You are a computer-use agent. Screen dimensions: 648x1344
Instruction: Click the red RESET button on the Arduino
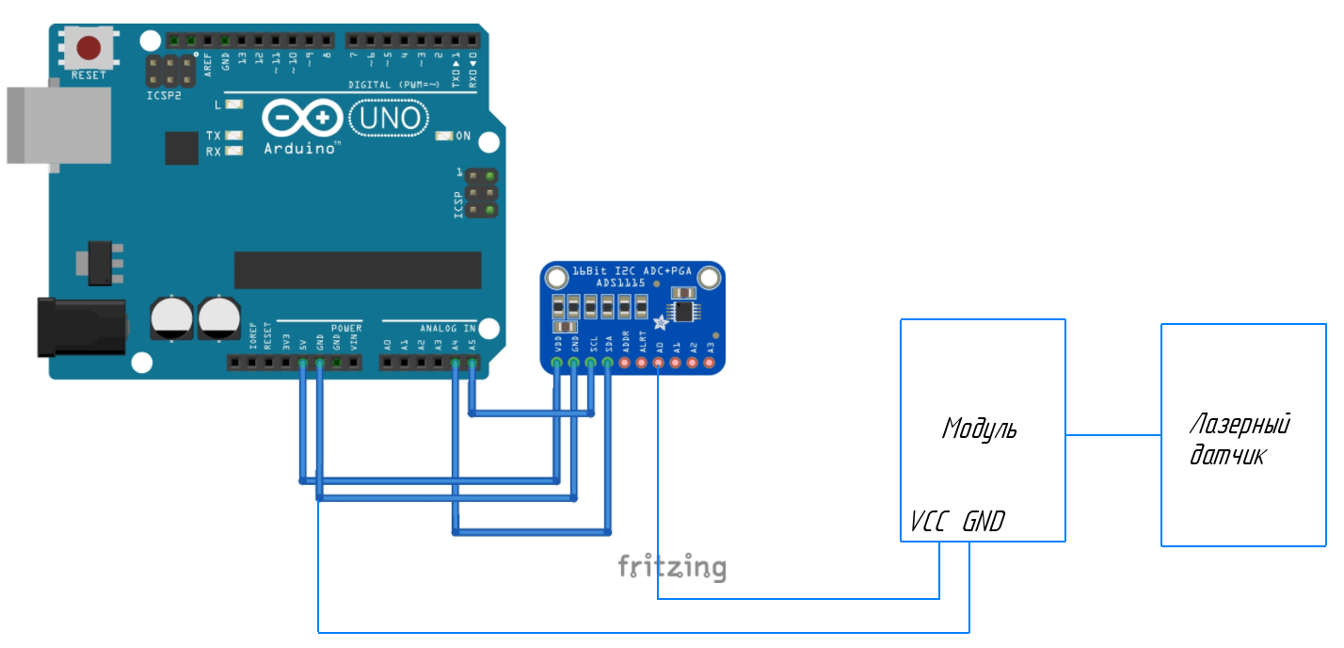(88, 47)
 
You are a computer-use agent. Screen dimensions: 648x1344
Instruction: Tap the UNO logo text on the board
(389, 119)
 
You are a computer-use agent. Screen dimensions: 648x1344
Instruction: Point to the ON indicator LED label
(462, 136)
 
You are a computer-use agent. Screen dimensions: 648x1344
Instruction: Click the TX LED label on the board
(214, 136)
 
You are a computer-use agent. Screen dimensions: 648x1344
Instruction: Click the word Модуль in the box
(979, 429)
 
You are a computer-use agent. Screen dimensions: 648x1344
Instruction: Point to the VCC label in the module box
(929, 522)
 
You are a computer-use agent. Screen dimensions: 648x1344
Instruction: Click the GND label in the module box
(984, 522)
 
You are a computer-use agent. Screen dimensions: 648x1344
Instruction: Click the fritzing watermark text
(671, 567)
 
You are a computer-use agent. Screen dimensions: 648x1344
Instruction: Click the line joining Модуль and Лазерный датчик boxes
(1112, 435)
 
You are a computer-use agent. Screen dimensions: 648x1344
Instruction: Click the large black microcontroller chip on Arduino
(357, 270)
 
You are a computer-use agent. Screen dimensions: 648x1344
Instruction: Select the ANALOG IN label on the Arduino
(447, 328)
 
